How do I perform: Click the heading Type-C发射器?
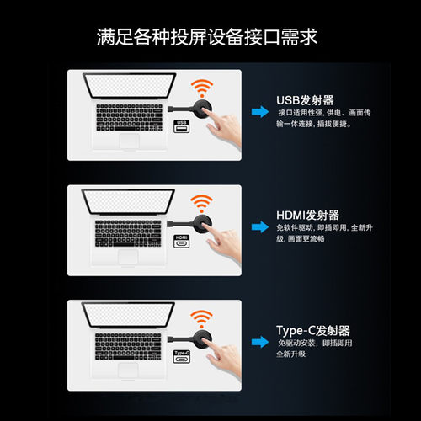313,330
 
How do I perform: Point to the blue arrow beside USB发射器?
257,110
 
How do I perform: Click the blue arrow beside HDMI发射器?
257,226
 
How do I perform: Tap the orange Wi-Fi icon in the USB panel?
200,87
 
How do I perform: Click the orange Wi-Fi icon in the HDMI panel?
200,202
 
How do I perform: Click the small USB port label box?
181,125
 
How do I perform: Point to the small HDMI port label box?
181,240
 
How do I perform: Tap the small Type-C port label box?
181,355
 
